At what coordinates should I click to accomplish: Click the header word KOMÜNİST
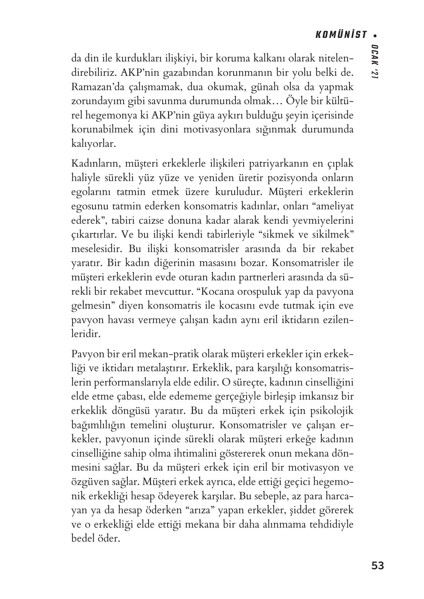pyautogui.click(x=340, y=35)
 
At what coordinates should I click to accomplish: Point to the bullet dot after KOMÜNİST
pyautogui.click(x=375, y=35)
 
